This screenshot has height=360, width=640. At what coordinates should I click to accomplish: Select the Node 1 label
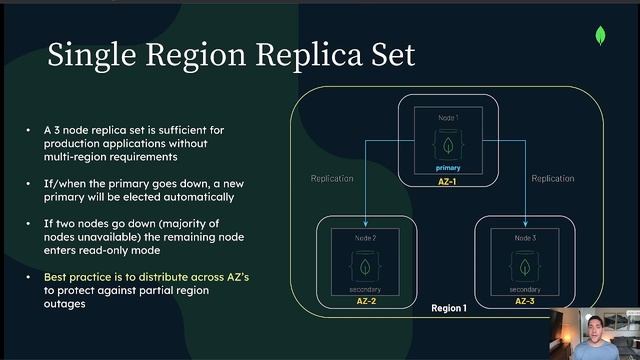click(x=447, y=118)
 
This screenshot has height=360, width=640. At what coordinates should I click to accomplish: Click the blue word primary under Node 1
click(x=447, y=167)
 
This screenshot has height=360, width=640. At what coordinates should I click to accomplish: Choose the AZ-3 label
click(x=525, y=300)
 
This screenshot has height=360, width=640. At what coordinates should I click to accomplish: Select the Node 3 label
click(x=524, y=238)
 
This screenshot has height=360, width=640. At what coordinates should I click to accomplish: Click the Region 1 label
click(x=448, y=308)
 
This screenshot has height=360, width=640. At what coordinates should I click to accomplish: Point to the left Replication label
click(x=332, y=178)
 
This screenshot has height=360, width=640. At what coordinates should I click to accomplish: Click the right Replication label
click(x=552, y=178)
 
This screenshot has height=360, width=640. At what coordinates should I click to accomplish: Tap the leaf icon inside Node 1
click(x=447, y=145)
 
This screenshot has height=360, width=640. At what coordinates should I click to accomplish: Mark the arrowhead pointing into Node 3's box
click(x=524, y=222)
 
